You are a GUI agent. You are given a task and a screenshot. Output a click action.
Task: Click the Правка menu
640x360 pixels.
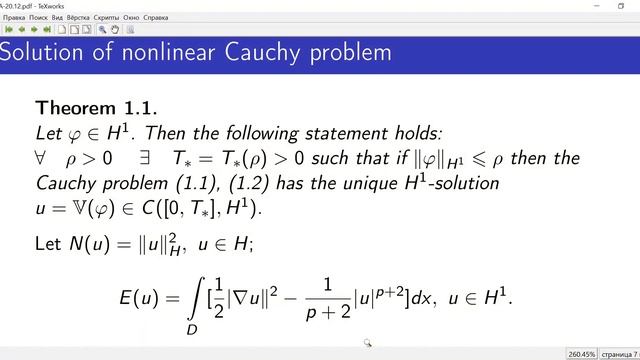click(15, 17)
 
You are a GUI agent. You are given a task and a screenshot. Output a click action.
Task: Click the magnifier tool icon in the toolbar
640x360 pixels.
click(103, 29)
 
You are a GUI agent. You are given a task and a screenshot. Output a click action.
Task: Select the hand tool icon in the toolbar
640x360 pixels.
click(116, 29)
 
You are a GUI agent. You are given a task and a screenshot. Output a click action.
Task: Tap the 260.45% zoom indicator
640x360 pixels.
click(580, 353)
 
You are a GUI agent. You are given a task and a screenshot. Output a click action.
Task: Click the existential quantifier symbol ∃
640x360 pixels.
click(146, 158)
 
